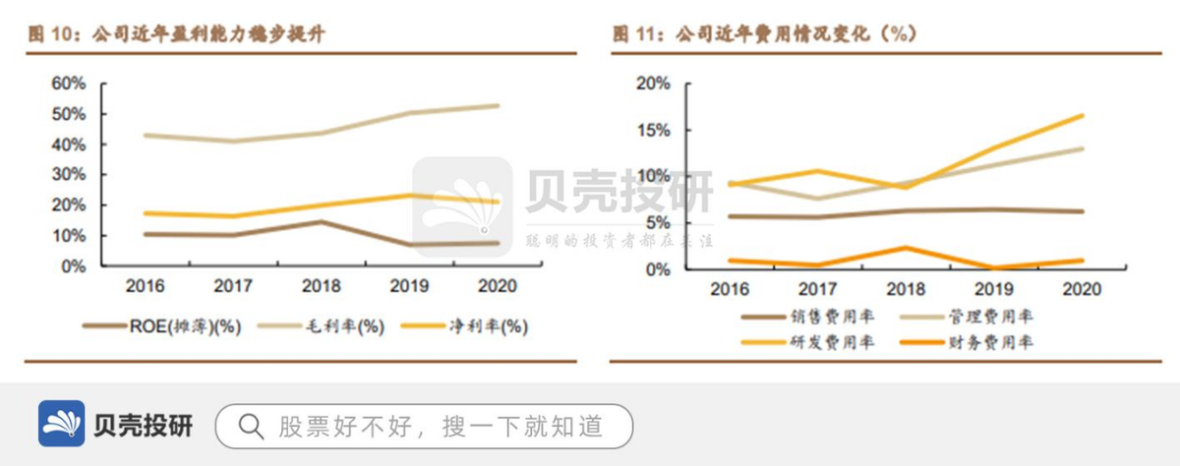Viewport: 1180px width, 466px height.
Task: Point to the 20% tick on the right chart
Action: [653, 84]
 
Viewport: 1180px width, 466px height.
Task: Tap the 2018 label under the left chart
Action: [322, 286]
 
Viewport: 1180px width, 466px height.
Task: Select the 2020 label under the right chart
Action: [1082, 290]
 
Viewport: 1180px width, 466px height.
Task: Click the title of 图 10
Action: [177, 33]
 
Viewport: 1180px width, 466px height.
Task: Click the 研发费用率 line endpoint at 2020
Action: [1083, 116]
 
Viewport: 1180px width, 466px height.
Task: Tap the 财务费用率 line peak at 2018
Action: [906, 248]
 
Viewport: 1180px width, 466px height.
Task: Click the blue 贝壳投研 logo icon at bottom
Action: [61, 425]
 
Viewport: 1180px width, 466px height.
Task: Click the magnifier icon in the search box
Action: [251, 426]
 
